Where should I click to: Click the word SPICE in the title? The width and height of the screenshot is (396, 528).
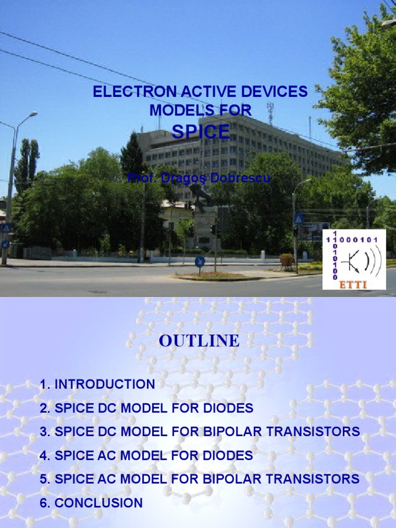point(201,132)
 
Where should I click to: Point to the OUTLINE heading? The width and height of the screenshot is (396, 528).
point(199,341)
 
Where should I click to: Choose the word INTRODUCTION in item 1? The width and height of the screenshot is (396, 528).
point(104,384)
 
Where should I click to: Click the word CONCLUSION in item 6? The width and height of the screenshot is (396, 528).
point(98,503)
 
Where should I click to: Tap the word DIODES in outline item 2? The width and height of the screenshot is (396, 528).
point(228,408)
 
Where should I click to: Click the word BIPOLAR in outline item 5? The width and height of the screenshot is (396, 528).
point(229,479)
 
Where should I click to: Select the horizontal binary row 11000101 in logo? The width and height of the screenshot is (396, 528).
point(355,240)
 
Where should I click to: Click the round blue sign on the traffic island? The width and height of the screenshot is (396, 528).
point(200,261)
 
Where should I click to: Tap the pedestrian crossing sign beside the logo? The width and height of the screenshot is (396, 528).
point(299,219)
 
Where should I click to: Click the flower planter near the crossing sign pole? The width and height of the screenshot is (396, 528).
point(286,259)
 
